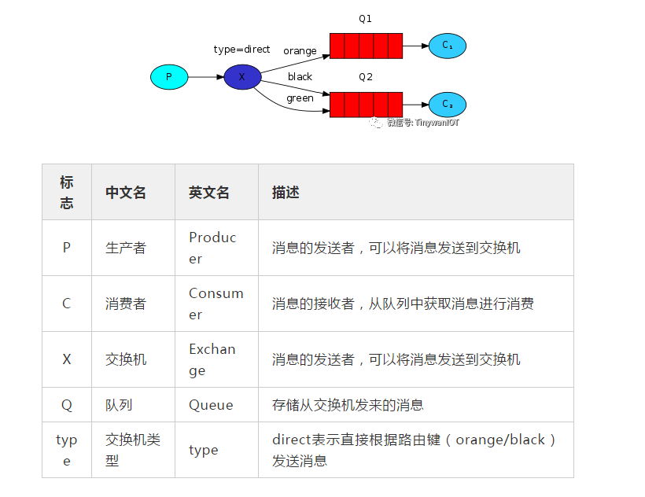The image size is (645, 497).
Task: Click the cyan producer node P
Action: click(169, 77)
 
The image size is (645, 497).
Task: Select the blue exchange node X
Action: click(242, 77)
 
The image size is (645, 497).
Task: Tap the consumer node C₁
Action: click(447, 46)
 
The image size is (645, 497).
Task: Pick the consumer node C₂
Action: click(447, 104)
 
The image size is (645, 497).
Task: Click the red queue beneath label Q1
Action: click(366, 46)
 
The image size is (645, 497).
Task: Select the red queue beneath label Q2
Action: click(366, 104)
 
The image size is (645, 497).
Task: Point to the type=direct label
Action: click(241, 50)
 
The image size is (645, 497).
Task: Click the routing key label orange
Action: click(300, 51)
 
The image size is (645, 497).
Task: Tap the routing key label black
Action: click(300, 77)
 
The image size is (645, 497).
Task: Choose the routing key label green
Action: click(300, 99)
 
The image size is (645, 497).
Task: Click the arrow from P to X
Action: click(206, 77)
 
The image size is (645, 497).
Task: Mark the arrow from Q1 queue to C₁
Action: click(415, 46)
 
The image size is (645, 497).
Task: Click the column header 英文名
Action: click(209, 193)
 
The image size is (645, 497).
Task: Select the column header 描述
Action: click(286, 193)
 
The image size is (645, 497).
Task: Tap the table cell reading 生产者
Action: click(126, 248)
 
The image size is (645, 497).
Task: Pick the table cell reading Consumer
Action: click(216, 304)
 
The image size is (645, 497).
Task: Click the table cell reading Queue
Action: click(211, 405)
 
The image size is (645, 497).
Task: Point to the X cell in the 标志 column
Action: click(67, 359)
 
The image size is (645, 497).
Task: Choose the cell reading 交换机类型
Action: click(132, 450)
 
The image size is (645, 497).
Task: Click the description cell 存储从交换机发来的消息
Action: click(348, 405)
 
